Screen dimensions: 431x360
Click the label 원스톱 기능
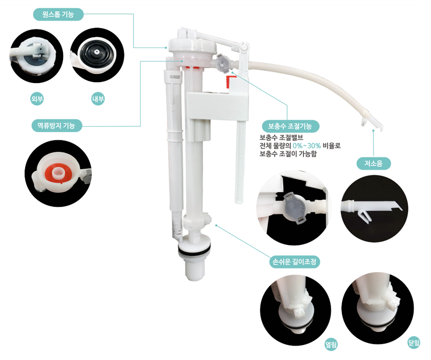[x=58, y=15]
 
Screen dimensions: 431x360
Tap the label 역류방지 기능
[x=57, y=126]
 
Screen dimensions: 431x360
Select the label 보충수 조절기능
[x=290, y=126]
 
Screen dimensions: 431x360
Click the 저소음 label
[x=373, y=163]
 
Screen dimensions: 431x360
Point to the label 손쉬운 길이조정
[x=294, y=261]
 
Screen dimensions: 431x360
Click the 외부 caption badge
[x=37, y=99]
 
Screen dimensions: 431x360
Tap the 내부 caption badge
[x=98, y=99]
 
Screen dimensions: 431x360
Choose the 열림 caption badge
[x=331, y=344]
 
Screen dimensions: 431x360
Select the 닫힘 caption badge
[x=413, y=342]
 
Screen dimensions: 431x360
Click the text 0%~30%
[x=307, y=146]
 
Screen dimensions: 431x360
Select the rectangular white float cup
[x=217, y=106]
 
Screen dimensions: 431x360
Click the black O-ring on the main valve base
[x=194, y=250]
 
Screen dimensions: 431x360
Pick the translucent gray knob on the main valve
[x=223, y=63]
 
